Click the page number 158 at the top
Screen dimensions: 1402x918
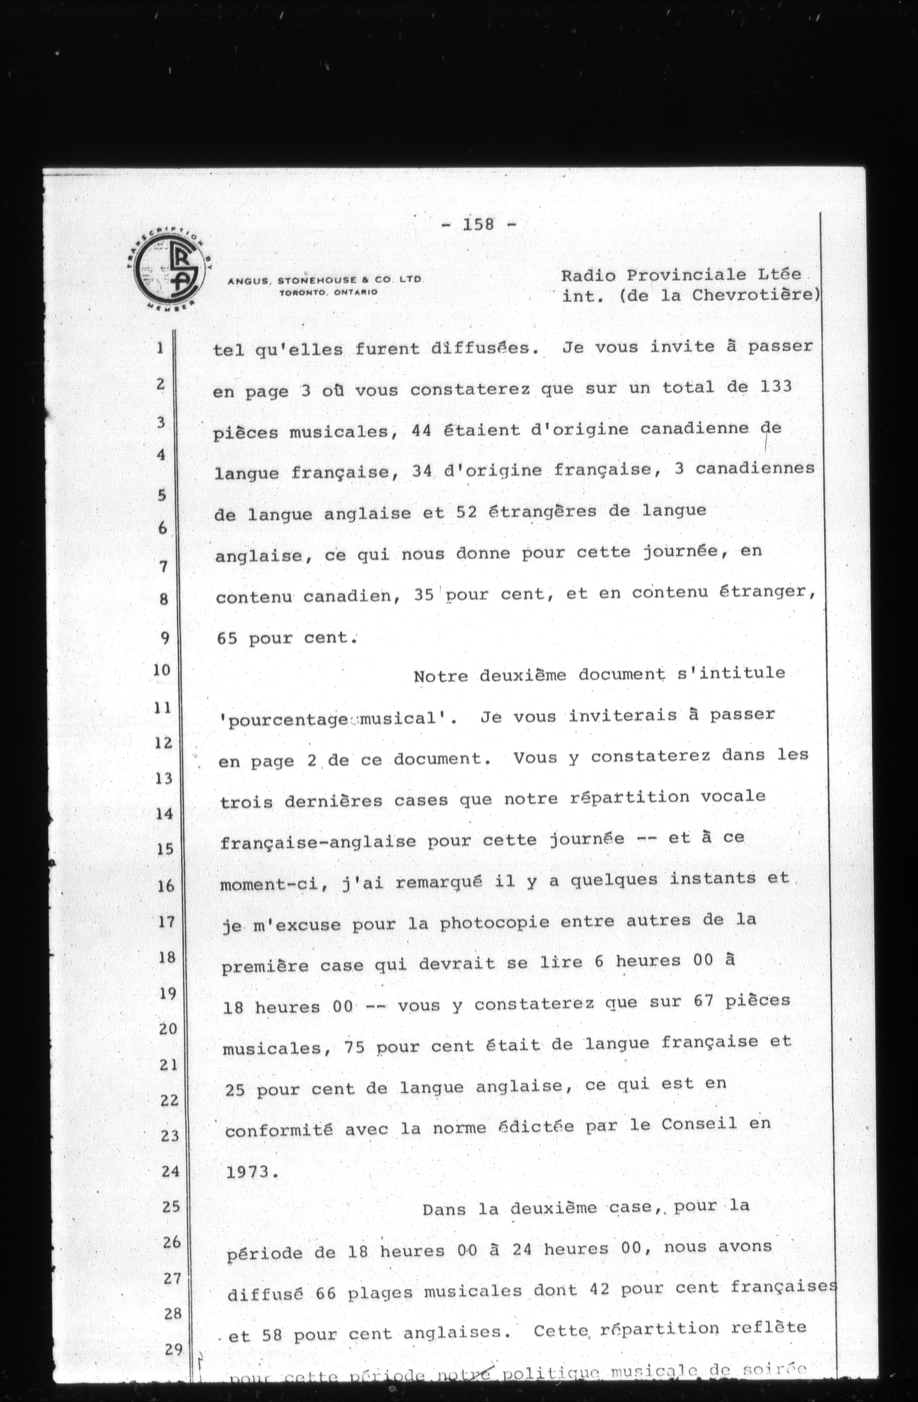pyautogui.click(x=478, y=225)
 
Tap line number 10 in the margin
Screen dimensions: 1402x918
pyautogui.click(x=162, y=670)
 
